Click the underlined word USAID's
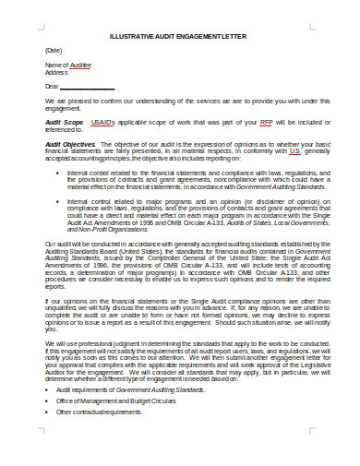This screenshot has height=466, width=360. pyautogui.click(x=102, y=122)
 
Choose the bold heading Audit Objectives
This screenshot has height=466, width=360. pyautogui.click(x=69, y=145)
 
